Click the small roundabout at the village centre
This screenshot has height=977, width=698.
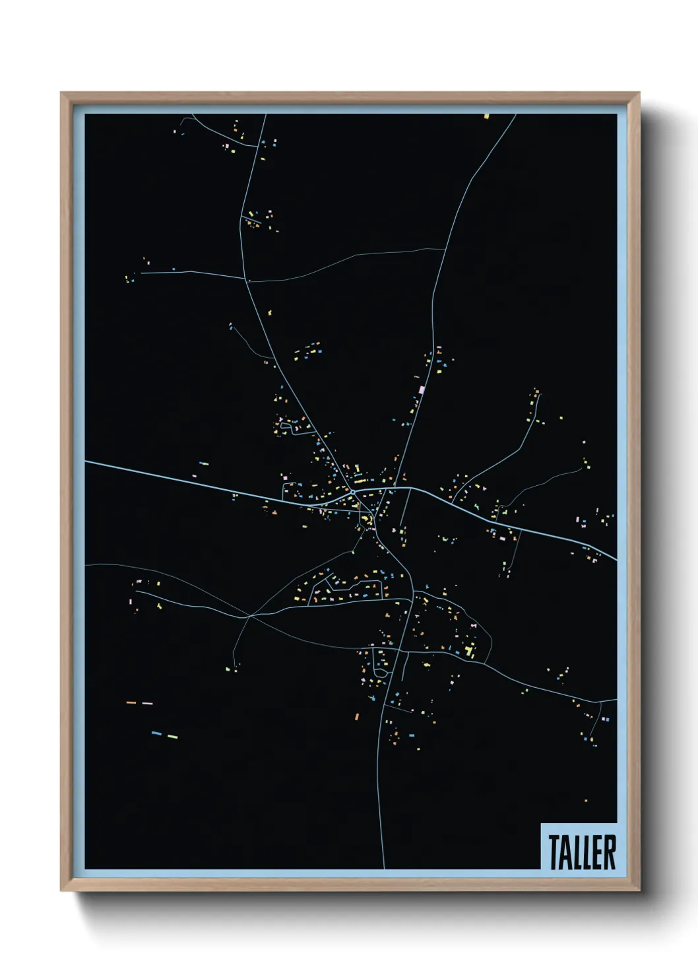(354, 492)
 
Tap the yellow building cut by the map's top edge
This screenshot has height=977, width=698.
(487, 116)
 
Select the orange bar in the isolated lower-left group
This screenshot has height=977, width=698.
(131, 702)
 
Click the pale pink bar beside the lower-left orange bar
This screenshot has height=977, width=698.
(147, 703)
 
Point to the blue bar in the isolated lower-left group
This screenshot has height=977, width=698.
(156, 733)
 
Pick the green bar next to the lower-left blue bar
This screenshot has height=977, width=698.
(172, 736)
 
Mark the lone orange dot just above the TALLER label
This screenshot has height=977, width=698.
(586, 801)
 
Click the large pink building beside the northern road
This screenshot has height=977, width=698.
(422, 389)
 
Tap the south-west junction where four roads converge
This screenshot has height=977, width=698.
(249, 616)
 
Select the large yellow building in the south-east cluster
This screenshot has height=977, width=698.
(469, 652)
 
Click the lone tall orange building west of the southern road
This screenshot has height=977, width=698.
(357, 716)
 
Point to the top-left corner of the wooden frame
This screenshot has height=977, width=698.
(61, 93)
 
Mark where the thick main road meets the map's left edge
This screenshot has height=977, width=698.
(86, 461)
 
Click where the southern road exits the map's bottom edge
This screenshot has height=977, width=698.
(384, 868)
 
